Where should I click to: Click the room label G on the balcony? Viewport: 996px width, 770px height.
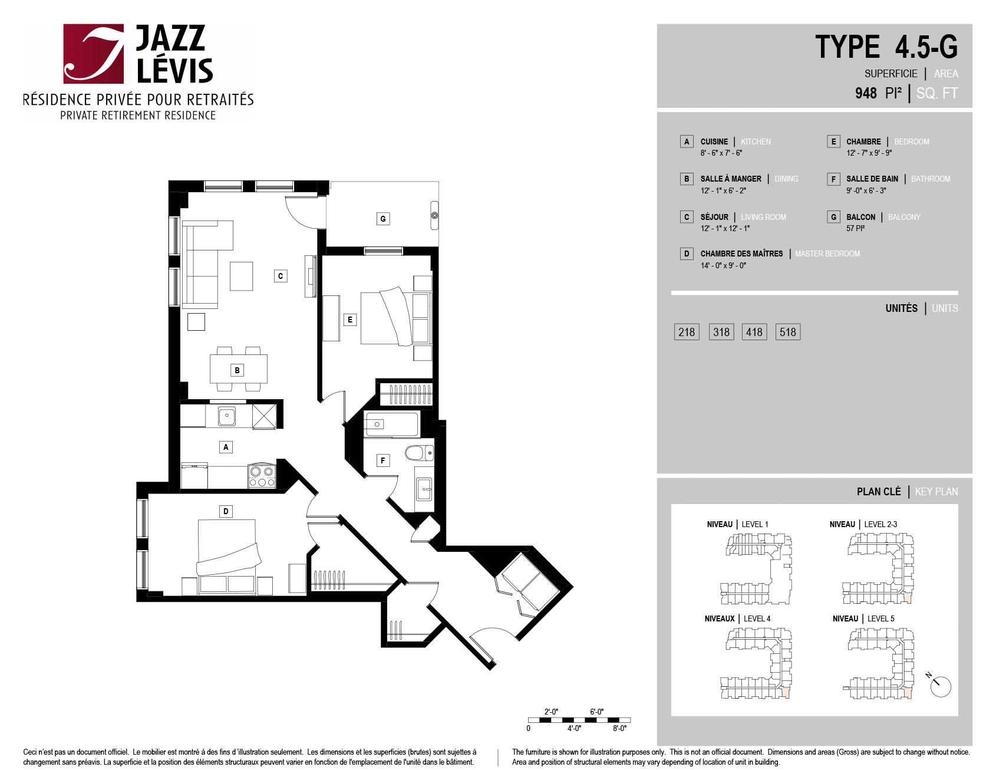click(383, 219)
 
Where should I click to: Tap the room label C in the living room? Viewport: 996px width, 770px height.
click(281, 275)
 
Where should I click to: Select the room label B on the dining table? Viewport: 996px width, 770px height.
click(237, 370)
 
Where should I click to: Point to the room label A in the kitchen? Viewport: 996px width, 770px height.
click(226, 447)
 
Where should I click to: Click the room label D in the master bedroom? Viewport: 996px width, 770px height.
click(226, 511)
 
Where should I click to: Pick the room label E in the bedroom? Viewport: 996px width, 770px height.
click(350, 320)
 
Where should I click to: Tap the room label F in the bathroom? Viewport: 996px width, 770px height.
click(383, 460)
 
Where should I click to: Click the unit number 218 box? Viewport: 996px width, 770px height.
click(687, 332)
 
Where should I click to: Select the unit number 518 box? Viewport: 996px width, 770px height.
click(788, 332)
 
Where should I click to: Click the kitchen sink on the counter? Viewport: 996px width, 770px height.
click(227, 416)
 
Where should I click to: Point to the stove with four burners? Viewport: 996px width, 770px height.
click(262, 476)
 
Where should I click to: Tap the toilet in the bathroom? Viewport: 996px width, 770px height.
click(419, 453)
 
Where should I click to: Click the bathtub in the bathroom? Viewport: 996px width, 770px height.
click(391, 424)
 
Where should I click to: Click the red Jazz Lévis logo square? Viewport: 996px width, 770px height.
click(94, 54)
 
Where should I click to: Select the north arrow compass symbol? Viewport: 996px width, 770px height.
click(940, 685)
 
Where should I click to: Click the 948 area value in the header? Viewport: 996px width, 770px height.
click(866, 93)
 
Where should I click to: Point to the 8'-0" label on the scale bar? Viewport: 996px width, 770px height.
click(619, 729)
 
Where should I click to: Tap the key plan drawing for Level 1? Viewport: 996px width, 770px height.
click(757, 569)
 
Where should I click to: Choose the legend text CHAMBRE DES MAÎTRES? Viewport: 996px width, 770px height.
click(741, 254)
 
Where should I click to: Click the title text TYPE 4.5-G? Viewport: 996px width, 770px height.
click(886, 47)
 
